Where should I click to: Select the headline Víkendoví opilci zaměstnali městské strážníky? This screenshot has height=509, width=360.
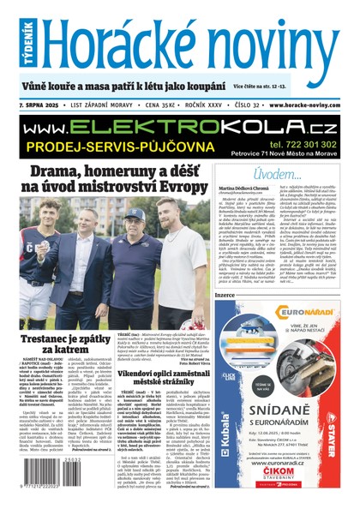tap(164, 356)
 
